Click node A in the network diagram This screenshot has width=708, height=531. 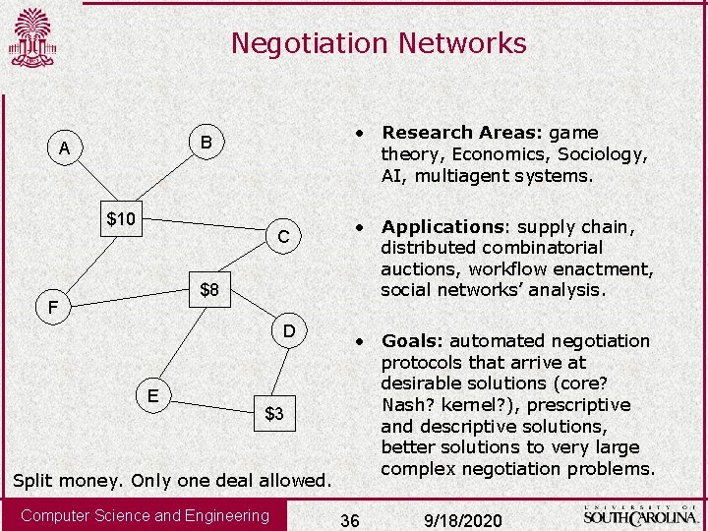[64, 148]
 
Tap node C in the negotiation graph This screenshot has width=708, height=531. [283, 237]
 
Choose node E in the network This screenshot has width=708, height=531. [153, 395]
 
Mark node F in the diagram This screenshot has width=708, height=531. [55, 309]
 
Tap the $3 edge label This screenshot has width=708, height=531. [274, 414]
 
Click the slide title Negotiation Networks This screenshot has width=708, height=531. [379, 43]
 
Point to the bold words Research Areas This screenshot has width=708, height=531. [461, 133]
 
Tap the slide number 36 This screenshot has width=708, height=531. [349, 518]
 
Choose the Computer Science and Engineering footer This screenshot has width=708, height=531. [145, 516]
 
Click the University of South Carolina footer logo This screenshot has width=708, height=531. [641, 514]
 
